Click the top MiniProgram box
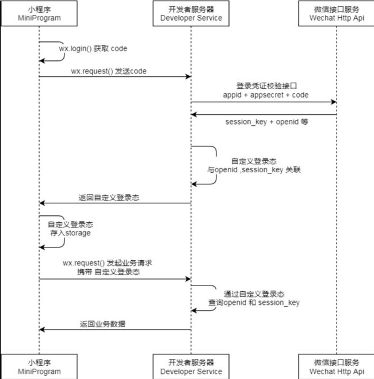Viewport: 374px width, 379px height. pos(39,13)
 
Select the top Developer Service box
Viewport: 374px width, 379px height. pos(191,13)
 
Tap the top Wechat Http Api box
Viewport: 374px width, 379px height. pos(337,13)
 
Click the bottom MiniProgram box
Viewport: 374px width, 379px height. pos(39,366)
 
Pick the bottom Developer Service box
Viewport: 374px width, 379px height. pos(191,366)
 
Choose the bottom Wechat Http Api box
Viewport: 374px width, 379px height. pos(337,366)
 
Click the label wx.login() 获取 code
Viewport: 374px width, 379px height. pos(93,49)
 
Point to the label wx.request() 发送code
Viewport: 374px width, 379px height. pos(109,71)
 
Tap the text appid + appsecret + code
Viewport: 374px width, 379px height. pos(266,95)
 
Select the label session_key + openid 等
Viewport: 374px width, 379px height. pos(267,122)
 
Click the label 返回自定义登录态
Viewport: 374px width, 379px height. pos(109,198)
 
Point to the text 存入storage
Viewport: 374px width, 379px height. pos(70,233)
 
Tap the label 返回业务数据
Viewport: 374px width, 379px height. pos(102,324)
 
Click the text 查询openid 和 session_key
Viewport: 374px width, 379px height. pos(254,303)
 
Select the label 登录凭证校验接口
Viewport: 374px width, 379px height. pos(266,86)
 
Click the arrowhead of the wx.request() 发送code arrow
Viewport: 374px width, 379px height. pos(188,76)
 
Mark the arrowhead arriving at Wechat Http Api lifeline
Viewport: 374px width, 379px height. pos(334,102)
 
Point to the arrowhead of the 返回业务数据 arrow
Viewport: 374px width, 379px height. pos(42,330)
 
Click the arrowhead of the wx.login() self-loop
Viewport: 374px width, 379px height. pos(42,61)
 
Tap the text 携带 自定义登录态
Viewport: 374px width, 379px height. pos(109,272)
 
